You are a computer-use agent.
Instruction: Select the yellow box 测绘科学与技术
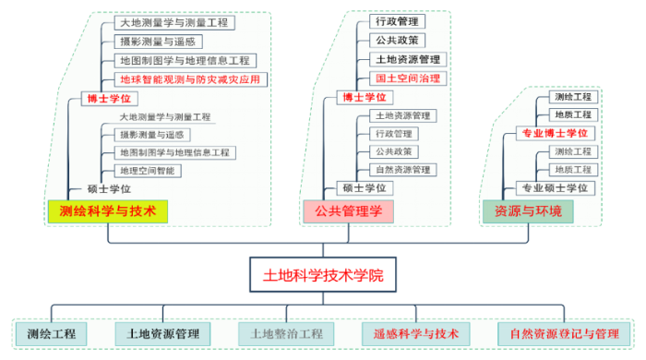(x=108, y=211)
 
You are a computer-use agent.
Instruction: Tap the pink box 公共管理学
(x=348, y=211)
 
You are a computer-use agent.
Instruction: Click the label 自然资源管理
(x=402, y=170)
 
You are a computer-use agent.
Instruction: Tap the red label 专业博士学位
(x=555, y=133)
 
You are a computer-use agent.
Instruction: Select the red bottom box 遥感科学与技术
(x=415, y=333)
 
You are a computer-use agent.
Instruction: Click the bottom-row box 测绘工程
(x=52, y=333)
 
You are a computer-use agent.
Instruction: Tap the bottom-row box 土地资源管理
(x=162, y=333)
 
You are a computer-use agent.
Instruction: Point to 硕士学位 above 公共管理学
(x=364, y=188)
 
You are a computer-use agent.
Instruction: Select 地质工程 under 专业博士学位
(x=572, y=114)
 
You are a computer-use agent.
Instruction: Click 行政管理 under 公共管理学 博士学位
(x=398, y=21)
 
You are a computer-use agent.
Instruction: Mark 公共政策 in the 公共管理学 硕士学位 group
(x=393, y=151)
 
